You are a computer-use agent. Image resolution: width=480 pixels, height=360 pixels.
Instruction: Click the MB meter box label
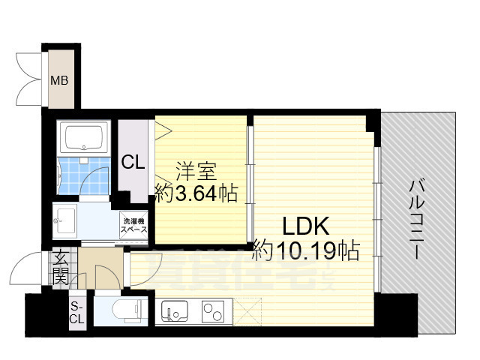click(x=59, y=79)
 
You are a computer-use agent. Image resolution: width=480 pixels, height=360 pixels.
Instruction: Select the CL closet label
click(x=133, y=160)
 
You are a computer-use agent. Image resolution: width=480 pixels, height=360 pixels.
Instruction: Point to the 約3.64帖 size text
click(x=196, y=194)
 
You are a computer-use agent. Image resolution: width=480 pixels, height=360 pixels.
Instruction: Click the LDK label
click(x=306, y=224)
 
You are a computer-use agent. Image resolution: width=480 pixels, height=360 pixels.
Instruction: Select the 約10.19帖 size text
click(x=306, y=248)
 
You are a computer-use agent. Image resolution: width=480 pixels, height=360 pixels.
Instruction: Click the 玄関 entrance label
click(x=61, y=268)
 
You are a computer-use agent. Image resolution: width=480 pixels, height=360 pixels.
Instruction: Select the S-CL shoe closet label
click(x=76, y=313)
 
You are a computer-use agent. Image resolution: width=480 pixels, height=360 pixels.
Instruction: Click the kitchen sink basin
click(x=175, y=310)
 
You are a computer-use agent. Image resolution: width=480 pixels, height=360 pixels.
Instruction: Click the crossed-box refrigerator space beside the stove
click(x=247, y=310)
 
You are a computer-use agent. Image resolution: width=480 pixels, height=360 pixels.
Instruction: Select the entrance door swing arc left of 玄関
click(x=35, y=270)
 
